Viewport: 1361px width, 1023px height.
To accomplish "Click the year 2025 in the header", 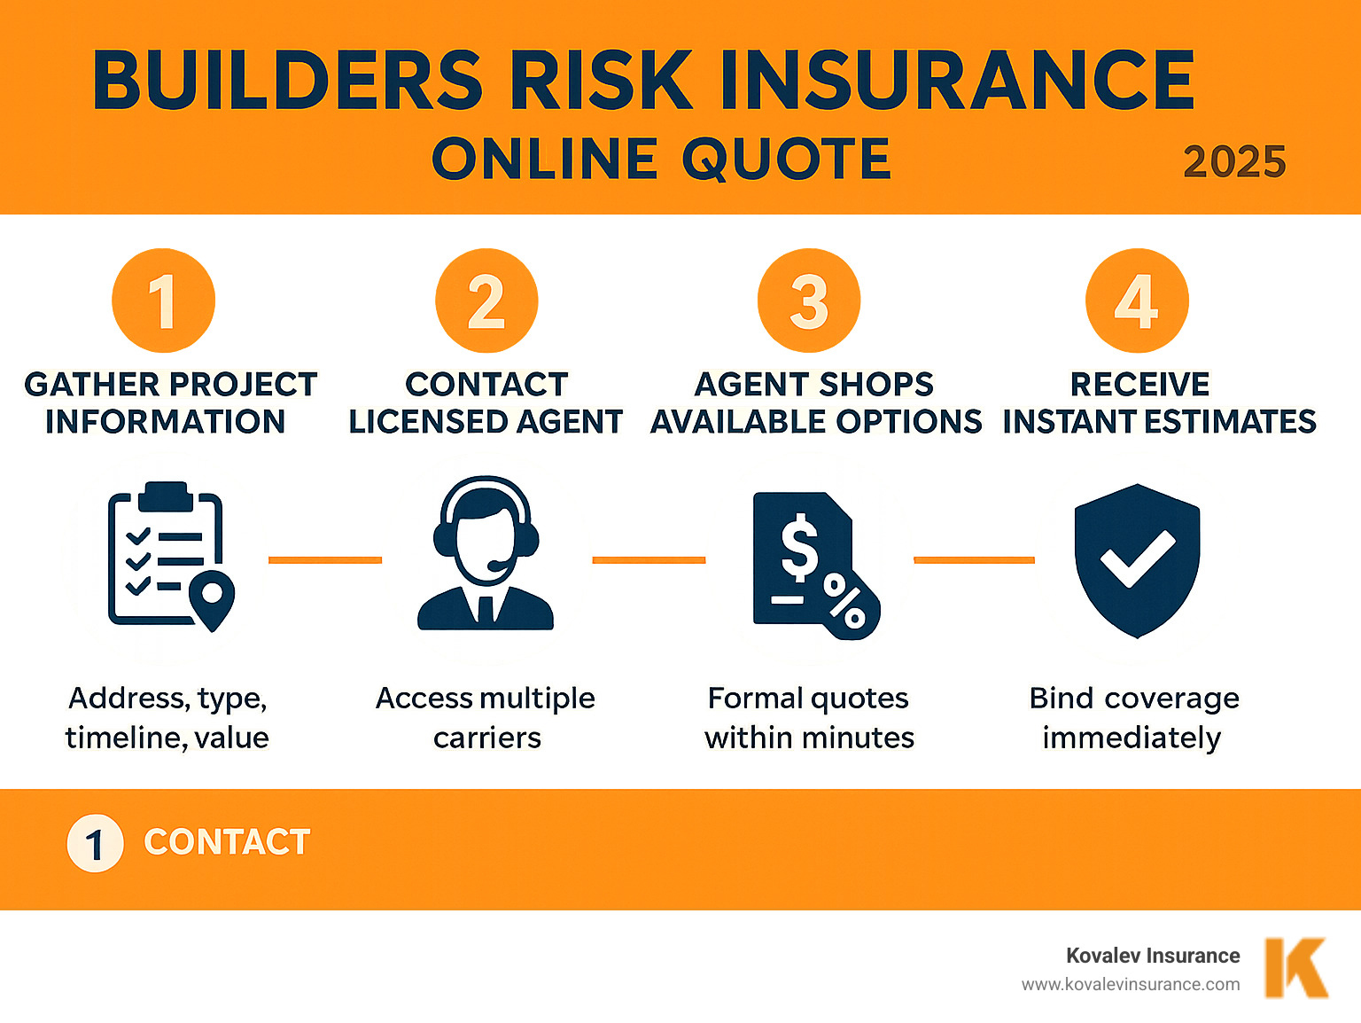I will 1234,162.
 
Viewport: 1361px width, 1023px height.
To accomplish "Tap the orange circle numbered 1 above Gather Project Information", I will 163,301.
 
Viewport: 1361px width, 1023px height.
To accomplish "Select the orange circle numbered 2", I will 486,301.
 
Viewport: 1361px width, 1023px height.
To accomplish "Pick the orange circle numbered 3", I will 809,301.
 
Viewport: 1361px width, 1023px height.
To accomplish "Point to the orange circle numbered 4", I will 1137,301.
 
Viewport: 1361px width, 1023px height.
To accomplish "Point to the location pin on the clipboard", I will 213,598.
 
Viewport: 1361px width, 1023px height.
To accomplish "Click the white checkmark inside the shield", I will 1137,558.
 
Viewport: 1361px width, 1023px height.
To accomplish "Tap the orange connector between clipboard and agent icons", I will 325,560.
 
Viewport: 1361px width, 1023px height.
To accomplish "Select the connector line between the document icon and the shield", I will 974,560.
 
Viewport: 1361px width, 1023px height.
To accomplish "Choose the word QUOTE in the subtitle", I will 786,160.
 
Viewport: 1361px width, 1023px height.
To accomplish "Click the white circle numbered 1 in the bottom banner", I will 95,843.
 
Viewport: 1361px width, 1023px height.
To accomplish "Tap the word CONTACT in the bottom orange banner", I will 227,842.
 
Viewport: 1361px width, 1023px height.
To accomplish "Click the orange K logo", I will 1295,967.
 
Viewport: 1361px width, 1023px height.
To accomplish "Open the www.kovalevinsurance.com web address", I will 1131,984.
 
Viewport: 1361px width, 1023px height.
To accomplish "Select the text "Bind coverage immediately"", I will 1133,717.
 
